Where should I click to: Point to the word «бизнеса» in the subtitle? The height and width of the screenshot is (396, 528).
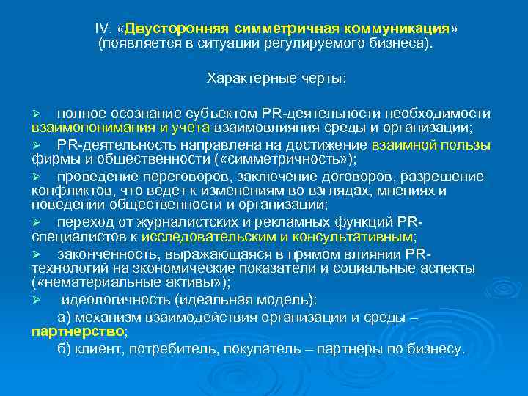click(x=400, y=44)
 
